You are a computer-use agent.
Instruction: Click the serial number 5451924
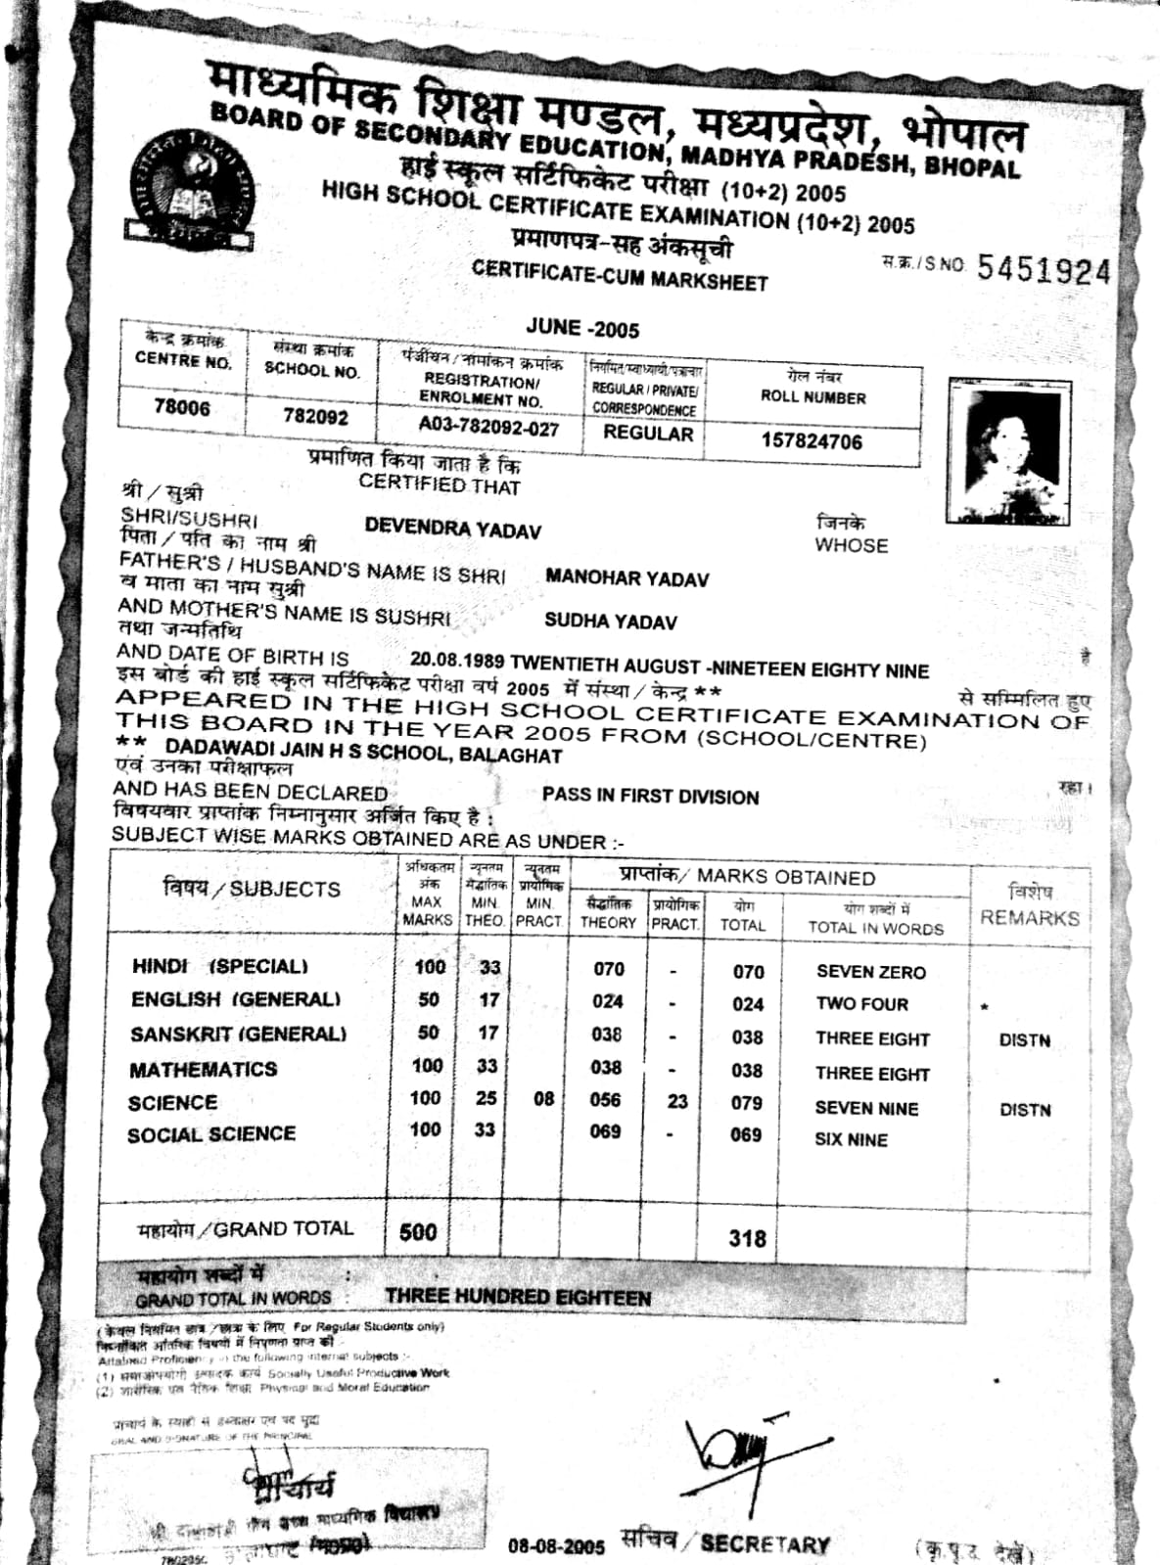click(x=1044, y=270)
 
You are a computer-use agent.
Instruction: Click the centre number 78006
click(x=181, y=407)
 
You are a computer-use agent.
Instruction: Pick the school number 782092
click(x=315, y=416)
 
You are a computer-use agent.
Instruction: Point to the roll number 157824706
click(x=812, y=441)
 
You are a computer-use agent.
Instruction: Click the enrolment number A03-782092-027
click(x=488, y=427)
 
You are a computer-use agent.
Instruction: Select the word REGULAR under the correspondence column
click(x=648, y=433)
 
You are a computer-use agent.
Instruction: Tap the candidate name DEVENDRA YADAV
click(x=452, y=529)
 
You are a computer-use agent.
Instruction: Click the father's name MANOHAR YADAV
click(x=626, y=578)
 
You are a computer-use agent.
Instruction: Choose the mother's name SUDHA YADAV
click(x=610, y=621)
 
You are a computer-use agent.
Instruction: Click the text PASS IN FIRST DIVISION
click(x=650, y=797)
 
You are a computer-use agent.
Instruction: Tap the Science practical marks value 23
click(x=677, y=1101)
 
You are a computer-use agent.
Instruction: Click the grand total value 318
click(x=747, y=1238)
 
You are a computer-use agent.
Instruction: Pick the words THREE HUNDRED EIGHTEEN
click(x=518, y=1297)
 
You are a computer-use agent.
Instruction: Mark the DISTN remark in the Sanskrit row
click(x=1024, y=1040)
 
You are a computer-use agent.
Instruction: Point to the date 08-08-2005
click(x=557, y=1546)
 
